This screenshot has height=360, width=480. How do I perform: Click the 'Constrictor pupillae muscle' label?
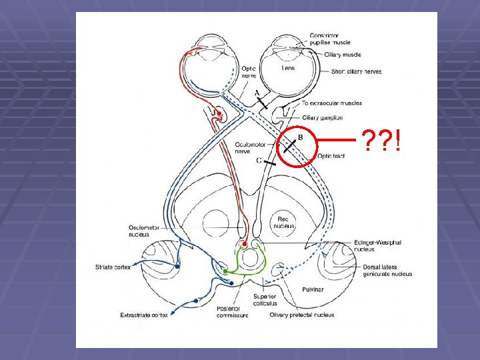[334, 39]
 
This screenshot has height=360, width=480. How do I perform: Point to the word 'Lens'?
[288, 68]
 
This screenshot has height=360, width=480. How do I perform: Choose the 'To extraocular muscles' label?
[332, 103]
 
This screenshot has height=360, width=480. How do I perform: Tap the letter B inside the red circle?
[300, 137]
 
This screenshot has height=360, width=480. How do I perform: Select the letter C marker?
[259, 161]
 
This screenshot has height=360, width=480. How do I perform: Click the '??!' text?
[382, 141]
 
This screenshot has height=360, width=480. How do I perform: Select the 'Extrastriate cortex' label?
[143, 315]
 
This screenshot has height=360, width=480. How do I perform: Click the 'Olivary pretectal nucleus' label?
[301, 315]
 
